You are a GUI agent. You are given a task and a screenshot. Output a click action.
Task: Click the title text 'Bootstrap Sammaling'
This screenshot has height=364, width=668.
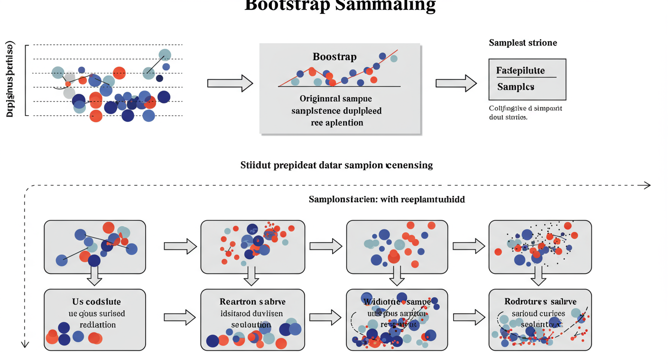pyautogui.click(x=340, y=6)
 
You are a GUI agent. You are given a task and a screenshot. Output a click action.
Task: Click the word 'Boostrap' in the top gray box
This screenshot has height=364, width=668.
pyautogui.click(x=334, y=57)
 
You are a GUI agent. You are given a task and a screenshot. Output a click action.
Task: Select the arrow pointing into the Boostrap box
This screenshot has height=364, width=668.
pyautogui.click(x=230, y=83)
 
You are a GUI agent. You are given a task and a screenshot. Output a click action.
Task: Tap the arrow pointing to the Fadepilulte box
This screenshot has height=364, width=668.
pyautogui.click(x=456, y=83)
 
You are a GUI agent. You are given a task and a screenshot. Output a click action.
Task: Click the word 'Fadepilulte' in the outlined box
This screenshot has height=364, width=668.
pyautogui.click(x=520, y=71)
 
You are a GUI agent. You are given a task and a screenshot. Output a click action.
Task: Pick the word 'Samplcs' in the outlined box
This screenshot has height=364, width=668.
pyautogui.click(x=516, y=87)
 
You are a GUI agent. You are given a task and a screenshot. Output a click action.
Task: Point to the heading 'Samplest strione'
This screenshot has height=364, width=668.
pyautogui.click(x=523, y=43)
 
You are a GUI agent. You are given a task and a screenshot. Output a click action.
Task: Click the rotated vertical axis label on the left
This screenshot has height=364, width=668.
pyautogui.click(x=10, y=80)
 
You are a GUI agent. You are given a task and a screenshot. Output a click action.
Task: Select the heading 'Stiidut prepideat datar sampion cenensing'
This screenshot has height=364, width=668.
pyautogui.click(x=336, y=165)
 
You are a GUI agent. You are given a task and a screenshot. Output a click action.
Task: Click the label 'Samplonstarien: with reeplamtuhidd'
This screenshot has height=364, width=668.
pyautogui.click(x=387, y=200)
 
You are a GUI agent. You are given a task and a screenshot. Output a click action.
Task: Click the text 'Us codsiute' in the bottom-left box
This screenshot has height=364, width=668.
pyautogui.click(x=96, y=302)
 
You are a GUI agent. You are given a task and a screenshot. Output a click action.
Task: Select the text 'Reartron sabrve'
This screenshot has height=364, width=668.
pyautogui.click(x=252, y=302)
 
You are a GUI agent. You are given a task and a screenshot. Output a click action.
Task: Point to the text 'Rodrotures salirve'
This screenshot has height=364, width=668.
pyautogui.click(x=540, y=301)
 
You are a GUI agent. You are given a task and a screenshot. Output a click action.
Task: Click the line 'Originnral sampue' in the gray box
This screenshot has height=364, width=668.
pyautogui.click(x=335, y=99)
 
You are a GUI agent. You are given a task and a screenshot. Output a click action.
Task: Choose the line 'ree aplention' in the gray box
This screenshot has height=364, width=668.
pyautogui.click(x=337, y=123)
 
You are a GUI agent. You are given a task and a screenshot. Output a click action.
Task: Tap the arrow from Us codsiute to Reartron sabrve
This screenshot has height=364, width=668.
pyautogui.click(x=179, y=317)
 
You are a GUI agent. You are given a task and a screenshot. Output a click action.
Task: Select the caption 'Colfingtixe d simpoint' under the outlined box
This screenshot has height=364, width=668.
pyautogui.click(x=525, y=108)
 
